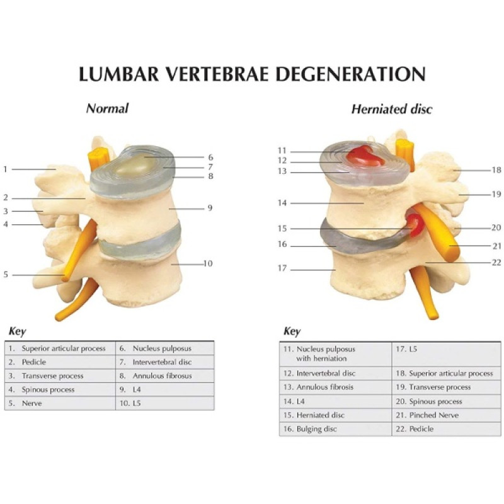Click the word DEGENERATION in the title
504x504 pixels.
[351, 74]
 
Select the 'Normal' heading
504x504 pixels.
[107, 108]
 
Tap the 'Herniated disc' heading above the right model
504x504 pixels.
[392, 109]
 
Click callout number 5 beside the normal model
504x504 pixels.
[6, 275]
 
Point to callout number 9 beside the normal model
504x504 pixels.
[210, 208]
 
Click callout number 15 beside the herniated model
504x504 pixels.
[282, 229]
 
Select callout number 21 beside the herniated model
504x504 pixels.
[497, 246]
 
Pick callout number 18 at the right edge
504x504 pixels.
[496, 169]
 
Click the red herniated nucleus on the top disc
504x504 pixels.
[365, 156]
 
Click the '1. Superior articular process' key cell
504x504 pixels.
[60, 348]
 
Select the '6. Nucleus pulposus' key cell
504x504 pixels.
[165, 348]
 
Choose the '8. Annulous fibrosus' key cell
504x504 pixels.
[165, 375]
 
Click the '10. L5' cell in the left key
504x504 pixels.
[165, 403]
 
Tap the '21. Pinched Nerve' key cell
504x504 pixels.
[446, 415]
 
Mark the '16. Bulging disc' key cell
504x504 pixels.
[336, 429]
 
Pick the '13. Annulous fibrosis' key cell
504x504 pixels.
[336, 387]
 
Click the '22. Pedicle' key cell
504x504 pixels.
[446, 429]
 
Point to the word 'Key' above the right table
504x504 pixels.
[292, 331]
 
